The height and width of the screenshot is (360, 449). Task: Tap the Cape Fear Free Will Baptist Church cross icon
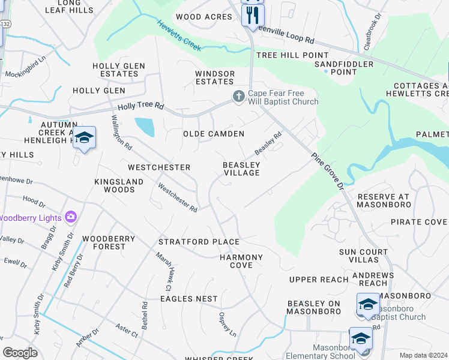[x=238, y=96]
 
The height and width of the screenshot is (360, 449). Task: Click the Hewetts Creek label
[x=179, y=36]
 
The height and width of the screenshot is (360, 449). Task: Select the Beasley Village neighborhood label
[x=241, y=169]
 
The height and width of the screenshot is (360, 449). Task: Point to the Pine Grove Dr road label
[x=327, y=171]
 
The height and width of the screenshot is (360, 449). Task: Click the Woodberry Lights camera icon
[x=71, y=217]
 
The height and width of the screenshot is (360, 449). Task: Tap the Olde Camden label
[x=214, y=134]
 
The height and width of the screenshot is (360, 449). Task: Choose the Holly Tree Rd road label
[x=140, y=106]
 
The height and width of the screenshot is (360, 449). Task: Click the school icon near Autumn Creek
[x=84, y=139]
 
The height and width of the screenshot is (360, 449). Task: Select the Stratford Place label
[x=199, y=242]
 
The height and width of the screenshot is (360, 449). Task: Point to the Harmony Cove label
[x=241, y=261]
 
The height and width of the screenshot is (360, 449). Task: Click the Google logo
[x=20, y=353]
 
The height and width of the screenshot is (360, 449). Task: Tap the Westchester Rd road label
[x=178, y=197]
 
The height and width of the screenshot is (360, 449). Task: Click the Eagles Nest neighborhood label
[x=189, y=298]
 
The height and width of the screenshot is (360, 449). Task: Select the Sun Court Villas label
[x=359, y=256]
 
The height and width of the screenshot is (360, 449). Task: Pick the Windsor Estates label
[x=214, y=77]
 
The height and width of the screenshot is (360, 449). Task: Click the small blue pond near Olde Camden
[x=144, y=127]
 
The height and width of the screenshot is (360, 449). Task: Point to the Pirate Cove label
[x=418, y=222]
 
